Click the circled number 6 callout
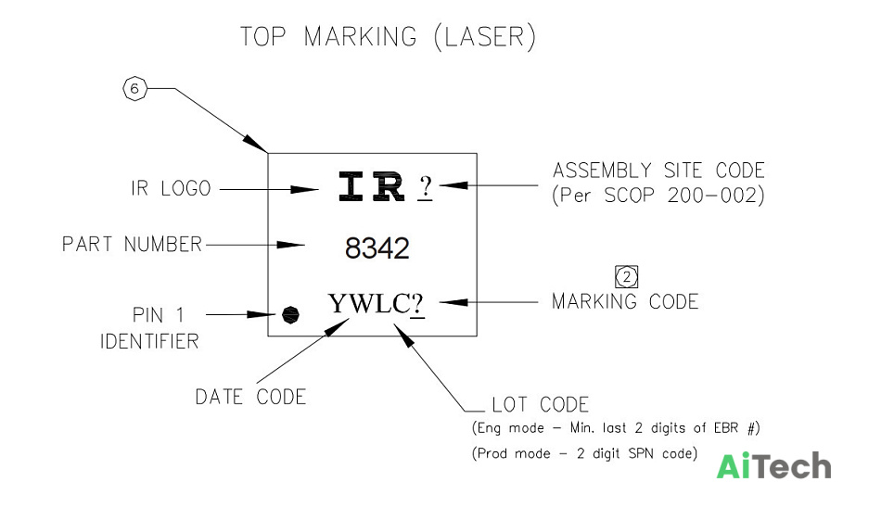[135, 88]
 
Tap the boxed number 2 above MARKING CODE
[627, 277]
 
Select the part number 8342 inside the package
[377, 248]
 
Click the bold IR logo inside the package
[372, 187]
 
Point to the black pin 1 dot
[291, 315]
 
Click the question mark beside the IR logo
[426, 187]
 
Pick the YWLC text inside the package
[369, 303]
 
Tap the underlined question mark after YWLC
[417, 304]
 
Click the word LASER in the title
[484, 37]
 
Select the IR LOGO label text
[171, 188]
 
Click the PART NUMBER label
[133, 244]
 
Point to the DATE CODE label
[251, 397]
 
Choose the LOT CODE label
[540, 405]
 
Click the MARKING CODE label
[625, 301]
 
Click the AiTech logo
[774, 466]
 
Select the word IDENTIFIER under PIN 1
[149, 341]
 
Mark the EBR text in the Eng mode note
[725, 427]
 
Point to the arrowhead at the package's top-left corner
[255, 144]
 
